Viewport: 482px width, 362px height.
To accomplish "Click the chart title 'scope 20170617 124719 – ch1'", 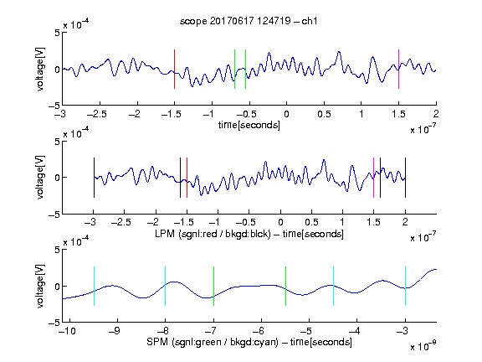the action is [249, 21].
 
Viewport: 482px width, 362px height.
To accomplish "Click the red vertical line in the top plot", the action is [174, 69].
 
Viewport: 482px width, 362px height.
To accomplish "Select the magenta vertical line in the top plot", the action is [398, 69].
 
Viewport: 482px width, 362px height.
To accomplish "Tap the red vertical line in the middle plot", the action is [187, 178].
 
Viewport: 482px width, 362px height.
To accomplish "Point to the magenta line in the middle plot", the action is [373, 178].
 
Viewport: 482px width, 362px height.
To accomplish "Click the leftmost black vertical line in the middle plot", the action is [94, 178].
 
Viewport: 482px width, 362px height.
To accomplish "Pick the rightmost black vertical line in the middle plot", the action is [405, 178].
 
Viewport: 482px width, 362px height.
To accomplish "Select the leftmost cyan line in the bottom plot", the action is [94, 286].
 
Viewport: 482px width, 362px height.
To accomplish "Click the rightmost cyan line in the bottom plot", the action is [405, 286].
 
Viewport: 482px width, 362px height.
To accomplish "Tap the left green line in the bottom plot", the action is [213, 286].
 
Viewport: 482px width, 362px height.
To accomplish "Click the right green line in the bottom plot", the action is [285, 286].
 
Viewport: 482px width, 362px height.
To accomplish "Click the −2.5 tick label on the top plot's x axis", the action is [97, 114].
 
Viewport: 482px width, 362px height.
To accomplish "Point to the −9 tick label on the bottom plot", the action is [115, 331].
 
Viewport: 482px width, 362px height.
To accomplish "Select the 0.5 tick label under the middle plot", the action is [311, 222].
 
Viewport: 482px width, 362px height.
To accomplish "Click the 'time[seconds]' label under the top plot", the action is [249, 125].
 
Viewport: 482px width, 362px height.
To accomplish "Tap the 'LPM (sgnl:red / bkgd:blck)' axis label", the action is [213, 234].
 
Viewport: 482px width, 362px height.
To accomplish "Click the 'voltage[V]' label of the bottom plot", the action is [40, 286].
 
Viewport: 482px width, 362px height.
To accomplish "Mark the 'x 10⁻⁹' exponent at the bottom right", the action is [423, 346].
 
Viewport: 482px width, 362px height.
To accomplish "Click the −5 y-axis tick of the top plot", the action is [54, 106].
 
